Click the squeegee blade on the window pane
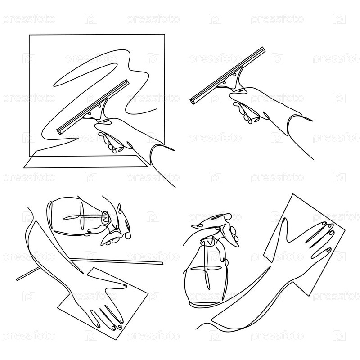[x=93, y=107]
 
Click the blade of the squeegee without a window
[x=228, y=75]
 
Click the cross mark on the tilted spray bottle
[x=81, y=216]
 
